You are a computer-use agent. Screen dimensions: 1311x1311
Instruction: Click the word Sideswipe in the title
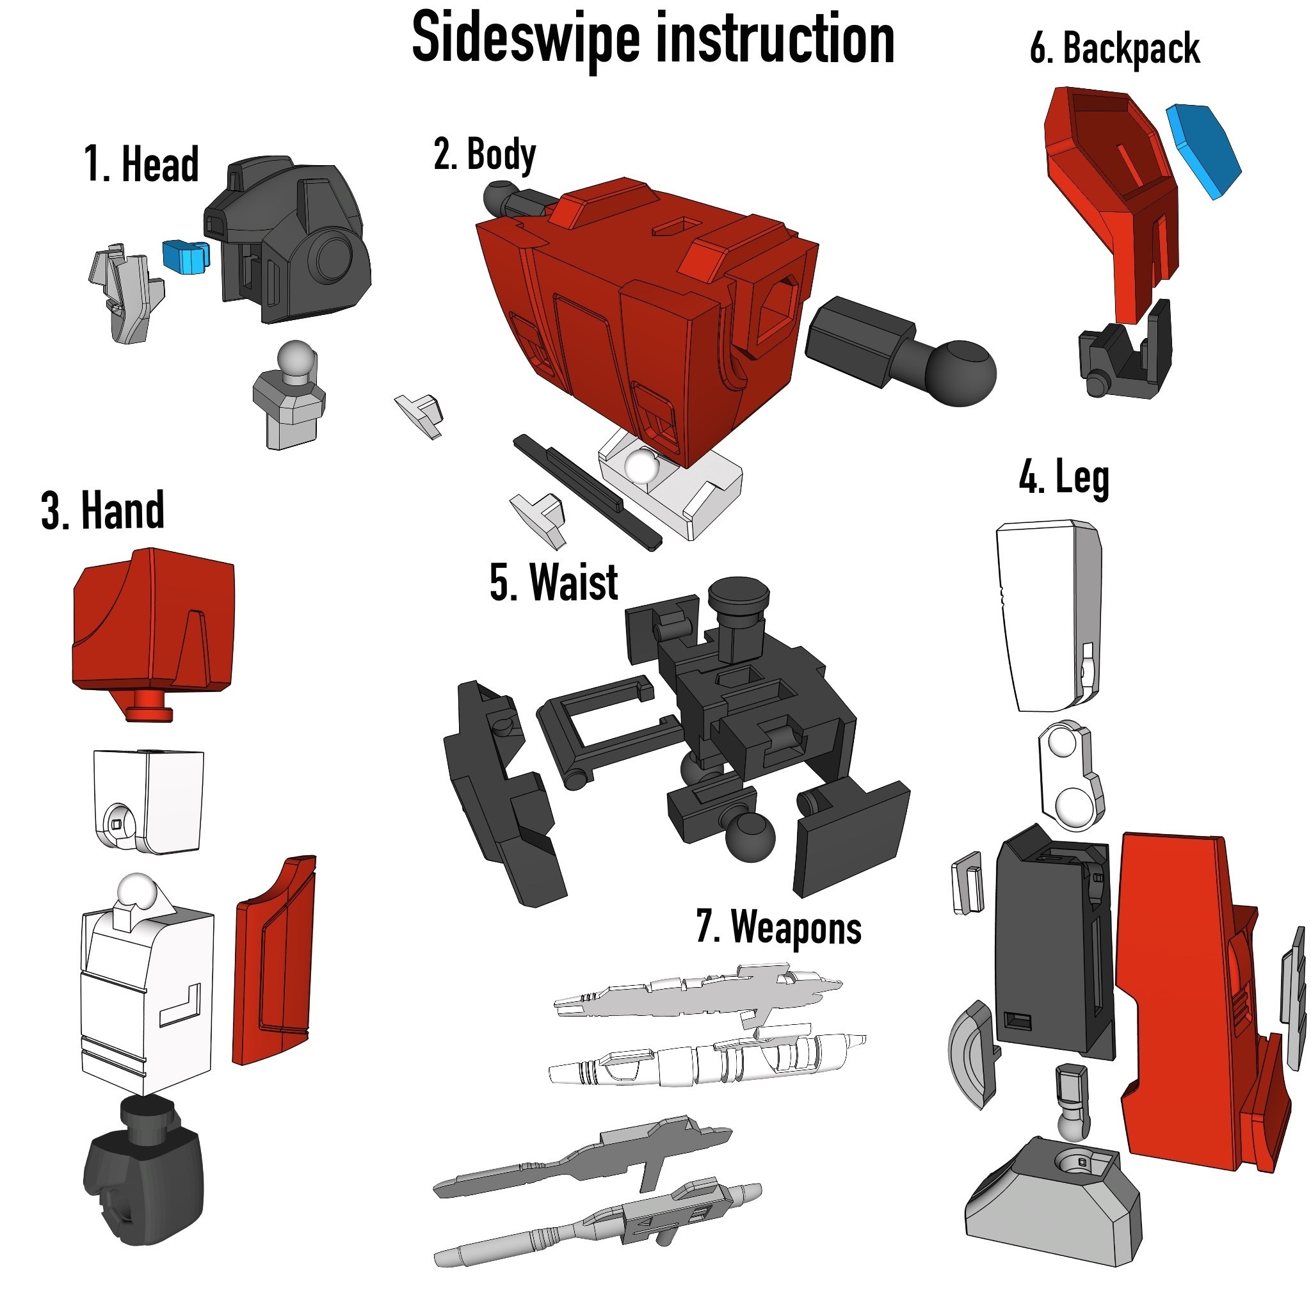(x=526, y=39)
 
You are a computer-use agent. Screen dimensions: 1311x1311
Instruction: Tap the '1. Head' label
(x=141, y=165)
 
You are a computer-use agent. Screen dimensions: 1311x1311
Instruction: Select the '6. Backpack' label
(x=1114, y=49)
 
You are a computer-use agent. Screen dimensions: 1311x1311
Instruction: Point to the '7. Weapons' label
(x=778, y=927)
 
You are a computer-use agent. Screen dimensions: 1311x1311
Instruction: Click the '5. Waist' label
(x=554, y=583)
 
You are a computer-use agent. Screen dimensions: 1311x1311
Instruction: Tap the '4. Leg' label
(x=1063, y=478)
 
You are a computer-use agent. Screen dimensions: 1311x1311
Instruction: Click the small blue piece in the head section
(x=185, y=257)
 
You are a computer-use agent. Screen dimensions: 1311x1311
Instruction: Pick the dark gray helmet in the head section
(x=298, y=237)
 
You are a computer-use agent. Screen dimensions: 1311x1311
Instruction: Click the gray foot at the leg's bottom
(x=1052, y=1201)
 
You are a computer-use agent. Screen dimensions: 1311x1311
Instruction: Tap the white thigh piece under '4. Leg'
(x=1045, y=614)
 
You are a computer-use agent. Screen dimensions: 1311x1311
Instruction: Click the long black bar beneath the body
(x=587, y=492)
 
